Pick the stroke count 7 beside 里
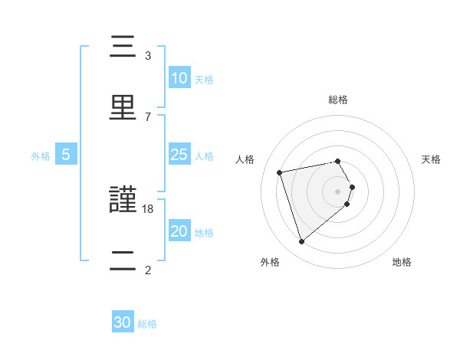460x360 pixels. pos(147,116)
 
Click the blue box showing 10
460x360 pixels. pos(179,77)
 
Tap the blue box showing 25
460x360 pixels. pos(179,154)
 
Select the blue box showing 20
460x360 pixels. pos(179,231)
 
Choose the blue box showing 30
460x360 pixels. pos(123,322)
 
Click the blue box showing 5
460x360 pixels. pos(66,154)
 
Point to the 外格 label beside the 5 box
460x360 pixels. pos(41,155)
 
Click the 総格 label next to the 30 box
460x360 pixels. pos(147,324)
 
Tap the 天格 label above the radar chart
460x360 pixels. pos(432,159)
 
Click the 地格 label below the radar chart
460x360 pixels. pos(402,262)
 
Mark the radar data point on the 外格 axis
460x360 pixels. pos(301,242)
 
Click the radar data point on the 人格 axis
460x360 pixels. pos(280,172)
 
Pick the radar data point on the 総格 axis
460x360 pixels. pos(337,161)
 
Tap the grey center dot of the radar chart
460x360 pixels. pos(337,191)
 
